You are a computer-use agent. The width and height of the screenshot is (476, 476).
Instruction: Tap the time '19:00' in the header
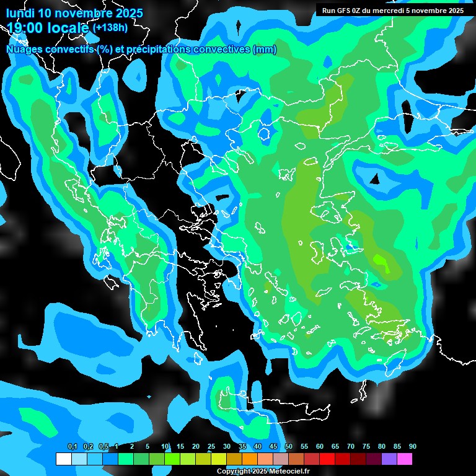click(24, 29)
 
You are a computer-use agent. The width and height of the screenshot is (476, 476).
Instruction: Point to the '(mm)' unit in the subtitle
click(265, 50)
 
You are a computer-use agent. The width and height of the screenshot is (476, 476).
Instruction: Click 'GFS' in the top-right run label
click(343, 11)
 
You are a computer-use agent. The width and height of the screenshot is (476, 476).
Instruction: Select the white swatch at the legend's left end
click(63, 459)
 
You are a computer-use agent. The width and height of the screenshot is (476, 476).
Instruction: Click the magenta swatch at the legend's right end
click(405, 459)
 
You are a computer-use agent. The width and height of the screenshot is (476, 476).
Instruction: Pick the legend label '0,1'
click(72, 447)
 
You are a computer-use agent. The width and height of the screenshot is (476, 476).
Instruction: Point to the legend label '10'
click(165, 447)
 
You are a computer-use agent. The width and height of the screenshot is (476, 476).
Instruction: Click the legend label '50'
click(289, 447)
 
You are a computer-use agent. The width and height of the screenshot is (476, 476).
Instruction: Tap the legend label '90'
click(413, 447)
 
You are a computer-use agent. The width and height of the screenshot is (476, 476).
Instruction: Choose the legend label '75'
click(366, 447)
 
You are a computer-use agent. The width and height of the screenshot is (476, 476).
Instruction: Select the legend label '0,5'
click(104, 447)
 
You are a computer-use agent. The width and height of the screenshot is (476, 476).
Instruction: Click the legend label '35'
click(242, 447)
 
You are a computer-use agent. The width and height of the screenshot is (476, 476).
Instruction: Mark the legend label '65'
click(335, 447)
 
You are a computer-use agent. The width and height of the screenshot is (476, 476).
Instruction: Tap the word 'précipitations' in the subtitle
click(164, 50)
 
